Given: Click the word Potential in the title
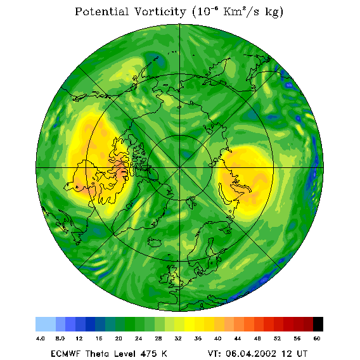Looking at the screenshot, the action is coord(101,11).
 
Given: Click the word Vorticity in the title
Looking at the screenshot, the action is coord(160,11).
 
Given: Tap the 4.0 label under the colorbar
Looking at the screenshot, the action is coord(40,338).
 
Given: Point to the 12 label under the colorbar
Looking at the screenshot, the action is coord(79,338).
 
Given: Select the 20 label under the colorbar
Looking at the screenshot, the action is coord(119,338).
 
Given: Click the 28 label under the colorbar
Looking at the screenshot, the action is coord(158,338).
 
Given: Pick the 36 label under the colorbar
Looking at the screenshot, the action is coord(198,338).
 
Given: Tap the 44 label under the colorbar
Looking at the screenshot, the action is coord(238,338).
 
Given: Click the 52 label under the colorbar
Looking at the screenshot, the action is coord(277,338).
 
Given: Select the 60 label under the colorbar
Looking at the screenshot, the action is coord(317,338).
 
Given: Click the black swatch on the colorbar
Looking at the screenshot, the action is coord(318,324).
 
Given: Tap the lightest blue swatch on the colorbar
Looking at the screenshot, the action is coord(46,324).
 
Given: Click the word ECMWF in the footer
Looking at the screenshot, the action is coord(65,354).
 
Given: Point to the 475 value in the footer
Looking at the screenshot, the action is coord(150,354).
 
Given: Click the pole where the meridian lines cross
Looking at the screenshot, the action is coord(180,168).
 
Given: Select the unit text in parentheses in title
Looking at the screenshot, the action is coord(238,12).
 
